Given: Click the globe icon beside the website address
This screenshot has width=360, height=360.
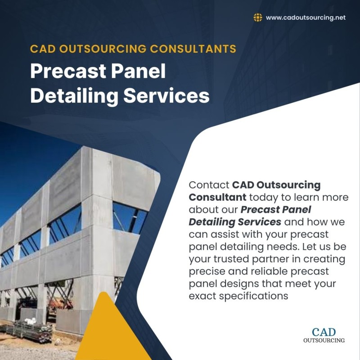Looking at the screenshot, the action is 258,18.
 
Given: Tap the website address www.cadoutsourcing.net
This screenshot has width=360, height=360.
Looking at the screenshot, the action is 306,18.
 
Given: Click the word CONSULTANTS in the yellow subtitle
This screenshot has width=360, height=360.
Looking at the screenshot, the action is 193,49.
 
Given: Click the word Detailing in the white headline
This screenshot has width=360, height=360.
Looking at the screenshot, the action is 74,96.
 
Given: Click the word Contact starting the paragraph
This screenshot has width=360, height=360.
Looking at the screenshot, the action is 209,185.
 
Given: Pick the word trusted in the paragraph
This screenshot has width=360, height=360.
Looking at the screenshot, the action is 231,259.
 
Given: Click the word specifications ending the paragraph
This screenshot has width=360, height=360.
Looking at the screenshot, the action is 253,297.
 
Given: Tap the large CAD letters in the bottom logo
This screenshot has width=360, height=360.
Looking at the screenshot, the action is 324,332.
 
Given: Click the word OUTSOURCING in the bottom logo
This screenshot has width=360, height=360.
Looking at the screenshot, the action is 324,340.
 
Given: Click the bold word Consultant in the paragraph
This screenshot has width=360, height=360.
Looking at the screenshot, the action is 217,197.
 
